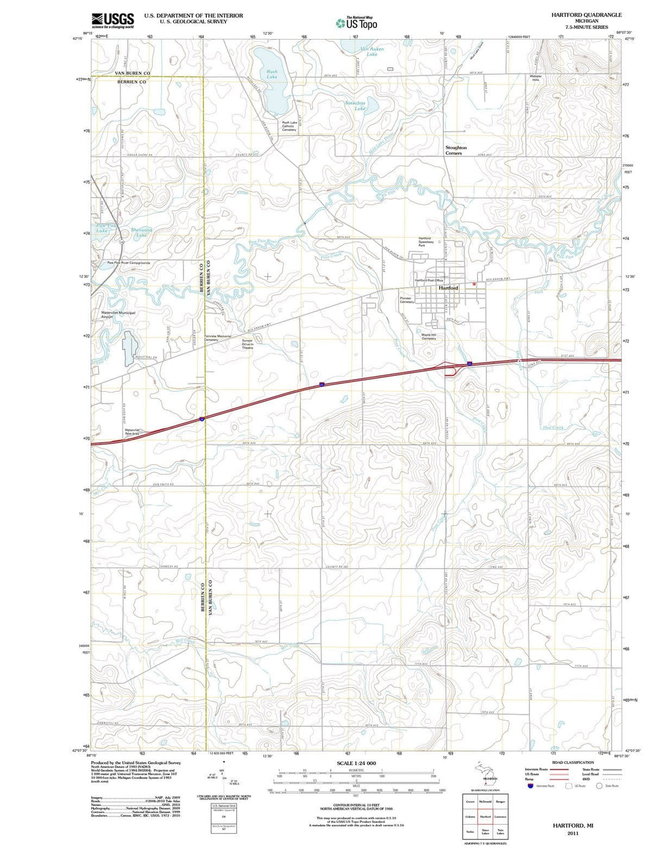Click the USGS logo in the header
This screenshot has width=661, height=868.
(x=113, y=21)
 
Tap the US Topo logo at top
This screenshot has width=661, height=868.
(x=357, y=23)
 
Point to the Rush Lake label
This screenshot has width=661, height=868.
(x=272, y=75)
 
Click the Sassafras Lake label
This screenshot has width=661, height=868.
(x=355, y=105)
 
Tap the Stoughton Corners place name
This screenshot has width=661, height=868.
(x=455, y=150)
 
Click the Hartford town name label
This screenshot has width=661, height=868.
(x=448, y=288)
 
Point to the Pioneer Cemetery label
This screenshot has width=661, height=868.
(x=406, y=300)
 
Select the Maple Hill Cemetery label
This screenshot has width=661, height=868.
(x=428, y=336)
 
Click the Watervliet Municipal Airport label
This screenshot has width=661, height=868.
(x=118, y=315)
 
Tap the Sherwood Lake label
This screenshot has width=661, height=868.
(x=141, y=232)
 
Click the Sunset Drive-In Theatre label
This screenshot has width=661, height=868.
(x=247, y=344)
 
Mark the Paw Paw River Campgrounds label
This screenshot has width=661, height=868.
(x=129, y=263)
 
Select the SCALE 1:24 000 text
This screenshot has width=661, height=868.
(x=356, y=763)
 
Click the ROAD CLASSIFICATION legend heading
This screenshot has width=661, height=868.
(x=573, y=762)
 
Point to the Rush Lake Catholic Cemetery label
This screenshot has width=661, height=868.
(x=289, y=126)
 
